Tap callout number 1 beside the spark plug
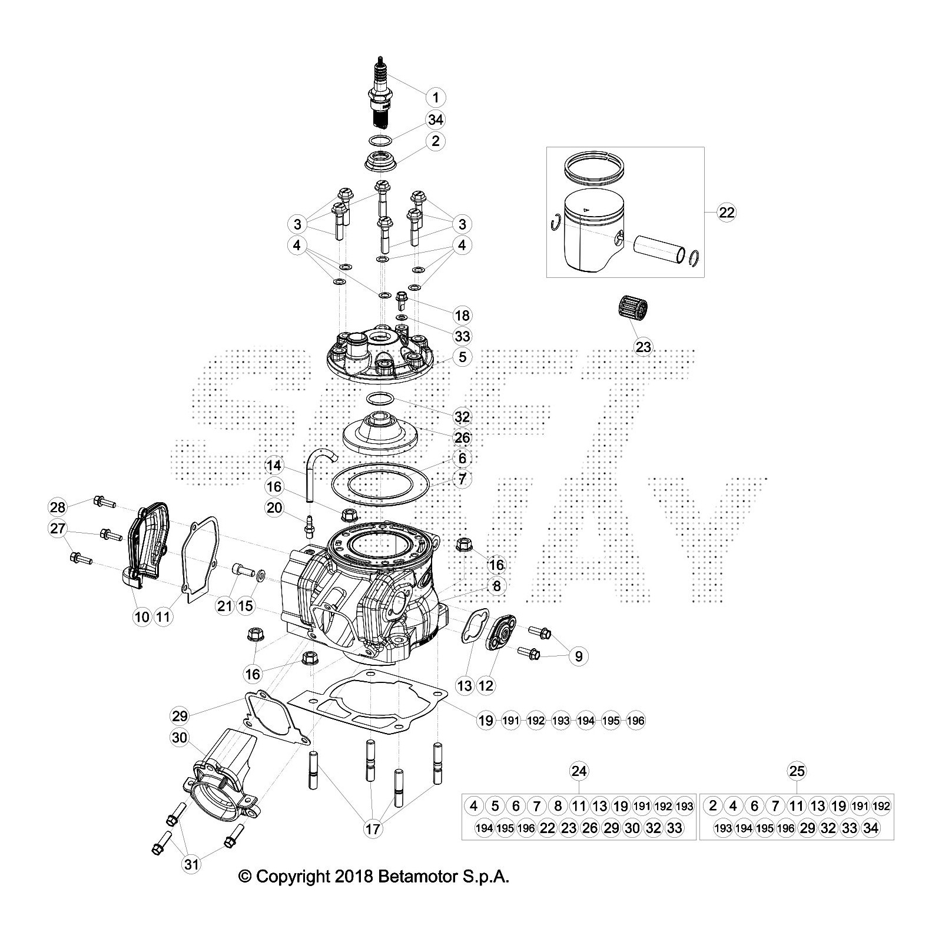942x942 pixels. (x=436, y=97)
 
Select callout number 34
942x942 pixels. (x=435, y=120)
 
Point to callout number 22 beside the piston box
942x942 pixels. (x=727, y=212)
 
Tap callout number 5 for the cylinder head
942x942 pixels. (x=463, y=357)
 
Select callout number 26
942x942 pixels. (x=463, y=437)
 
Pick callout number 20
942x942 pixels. (x=274, y=507)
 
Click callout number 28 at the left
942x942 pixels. (x=58, y=506)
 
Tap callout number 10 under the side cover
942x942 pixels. (x=142, y=616)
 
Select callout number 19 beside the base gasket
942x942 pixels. (x=486, y=720)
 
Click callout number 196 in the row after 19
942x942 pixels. (x=636, y=720)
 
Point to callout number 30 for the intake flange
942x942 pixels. (x=180, y=737)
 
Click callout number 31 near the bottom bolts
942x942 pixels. (x=192, y=864)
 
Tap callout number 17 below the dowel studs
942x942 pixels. (x=373, y=829)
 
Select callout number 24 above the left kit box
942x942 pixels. (x=579, y=771)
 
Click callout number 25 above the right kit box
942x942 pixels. (x=797, y=771)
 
